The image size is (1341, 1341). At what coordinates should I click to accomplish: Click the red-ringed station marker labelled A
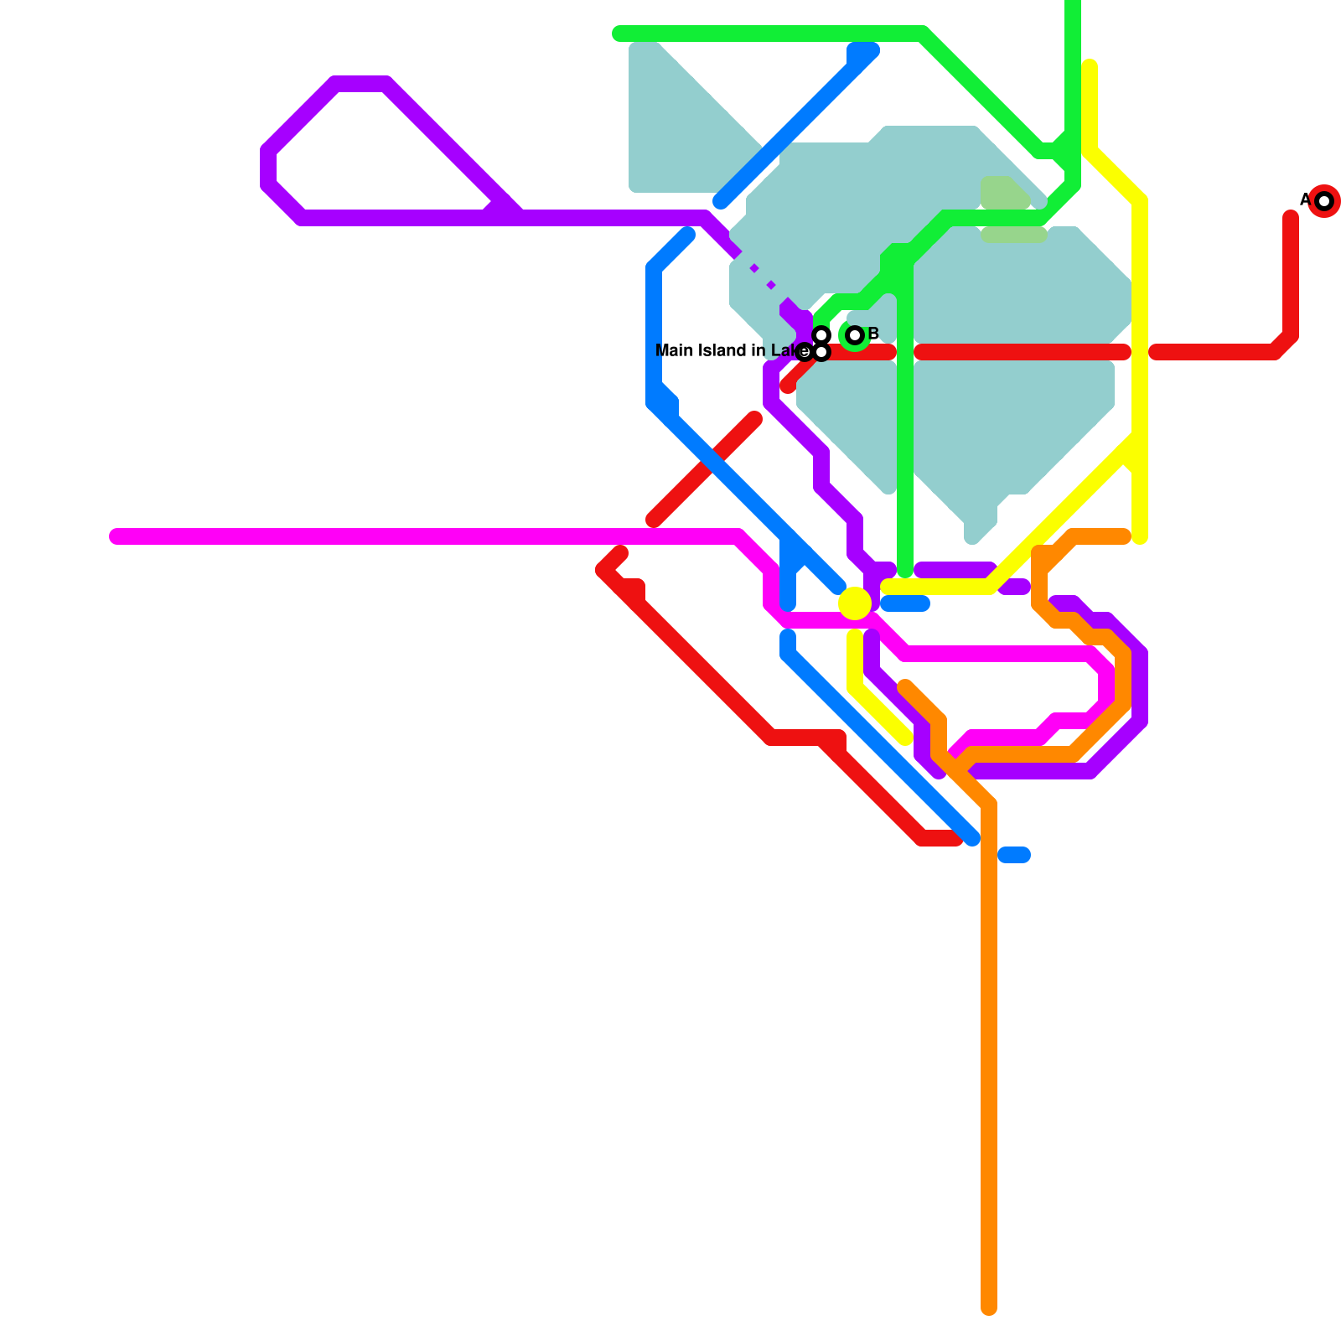(1324, 201)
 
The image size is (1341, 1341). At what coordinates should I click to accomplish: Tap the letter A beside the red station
(1305, 200)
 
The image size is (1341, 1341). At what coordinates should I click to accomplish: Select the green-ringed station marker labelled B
(855, 336)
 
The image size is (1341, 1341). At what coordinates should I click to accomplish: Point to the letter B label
(873, 334)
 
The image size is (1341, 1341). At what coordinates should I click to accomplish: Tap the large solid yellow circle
(855, 603)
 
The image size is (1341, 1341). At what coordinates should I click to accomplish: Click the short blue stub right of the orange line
(1014, 855)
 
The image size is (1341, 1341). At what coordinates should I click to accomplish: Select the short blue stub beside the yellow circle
(905, 603)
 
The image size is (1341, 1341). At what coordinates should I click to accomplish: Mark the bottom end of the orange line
(989, 1307)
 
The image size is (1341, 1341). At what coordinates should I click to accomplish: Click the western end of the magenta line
(116, 536)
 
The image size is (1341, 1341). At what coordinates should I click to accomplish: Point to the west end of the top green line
(619, 34)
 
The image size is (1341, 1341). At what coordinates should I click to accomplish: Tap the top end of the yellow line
(1090, 66)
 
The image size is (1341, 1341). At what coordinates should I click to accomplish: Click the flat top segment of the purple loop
(360, 84)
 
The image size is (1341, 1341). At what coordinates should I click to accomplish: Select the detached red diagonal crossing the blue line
(704, 469)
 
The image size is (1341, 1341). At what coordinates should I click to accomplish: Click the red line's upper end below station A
(1291, 218)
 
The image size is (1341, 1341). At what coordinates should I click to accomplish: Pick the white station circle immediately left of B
(821, 335)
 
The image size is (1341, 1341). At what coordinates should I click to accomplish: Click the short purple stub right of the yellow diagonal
(1014, 587)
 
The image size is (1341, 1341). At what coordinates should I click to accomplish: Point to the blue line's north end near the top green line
(863, 50)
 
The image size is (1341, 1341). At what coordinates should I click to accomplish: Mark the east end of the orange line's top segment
(1125, 536)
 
